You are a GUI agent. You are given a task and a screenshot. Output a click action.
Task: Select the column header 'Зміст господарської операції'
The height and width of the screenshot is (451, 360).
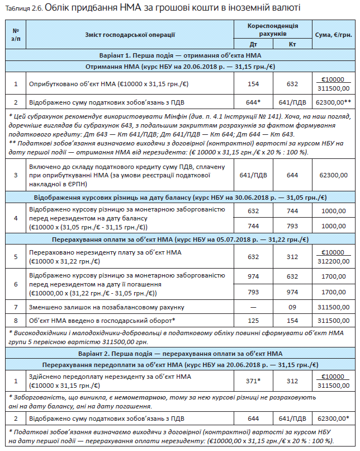coord(130,35)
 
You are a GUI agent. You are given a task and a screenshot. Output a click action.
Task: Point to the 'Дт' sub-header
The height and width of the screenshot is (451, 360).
coord(254,44)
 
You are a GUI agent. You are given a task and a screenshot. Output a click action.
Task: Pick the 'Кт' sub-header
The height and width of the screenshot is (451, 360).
coord(292,44)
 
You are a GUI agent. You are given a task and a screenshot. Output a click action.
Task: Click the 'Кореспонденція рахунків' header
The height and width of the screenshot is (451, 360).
coord(273,30)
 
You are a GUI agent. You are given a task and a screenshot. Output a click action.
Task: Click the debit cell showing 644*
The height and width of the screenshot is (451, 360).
coord(254,102)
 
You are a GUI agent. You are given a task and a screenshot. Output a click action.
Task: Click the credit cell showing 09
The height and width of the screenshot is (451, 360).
coord(292,307)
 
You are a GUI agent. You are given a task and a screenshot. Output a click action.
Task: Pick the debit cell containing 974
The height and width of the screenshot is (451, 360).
coord(254,276)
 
